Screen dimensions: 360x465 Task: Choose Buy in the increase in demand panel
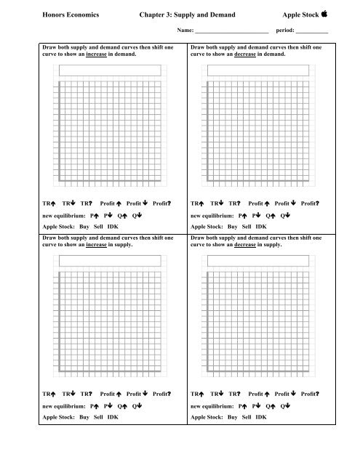(x=84, y=227)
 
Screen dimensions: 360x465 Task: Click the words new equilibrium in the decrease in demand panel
(x=212, y=216)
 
